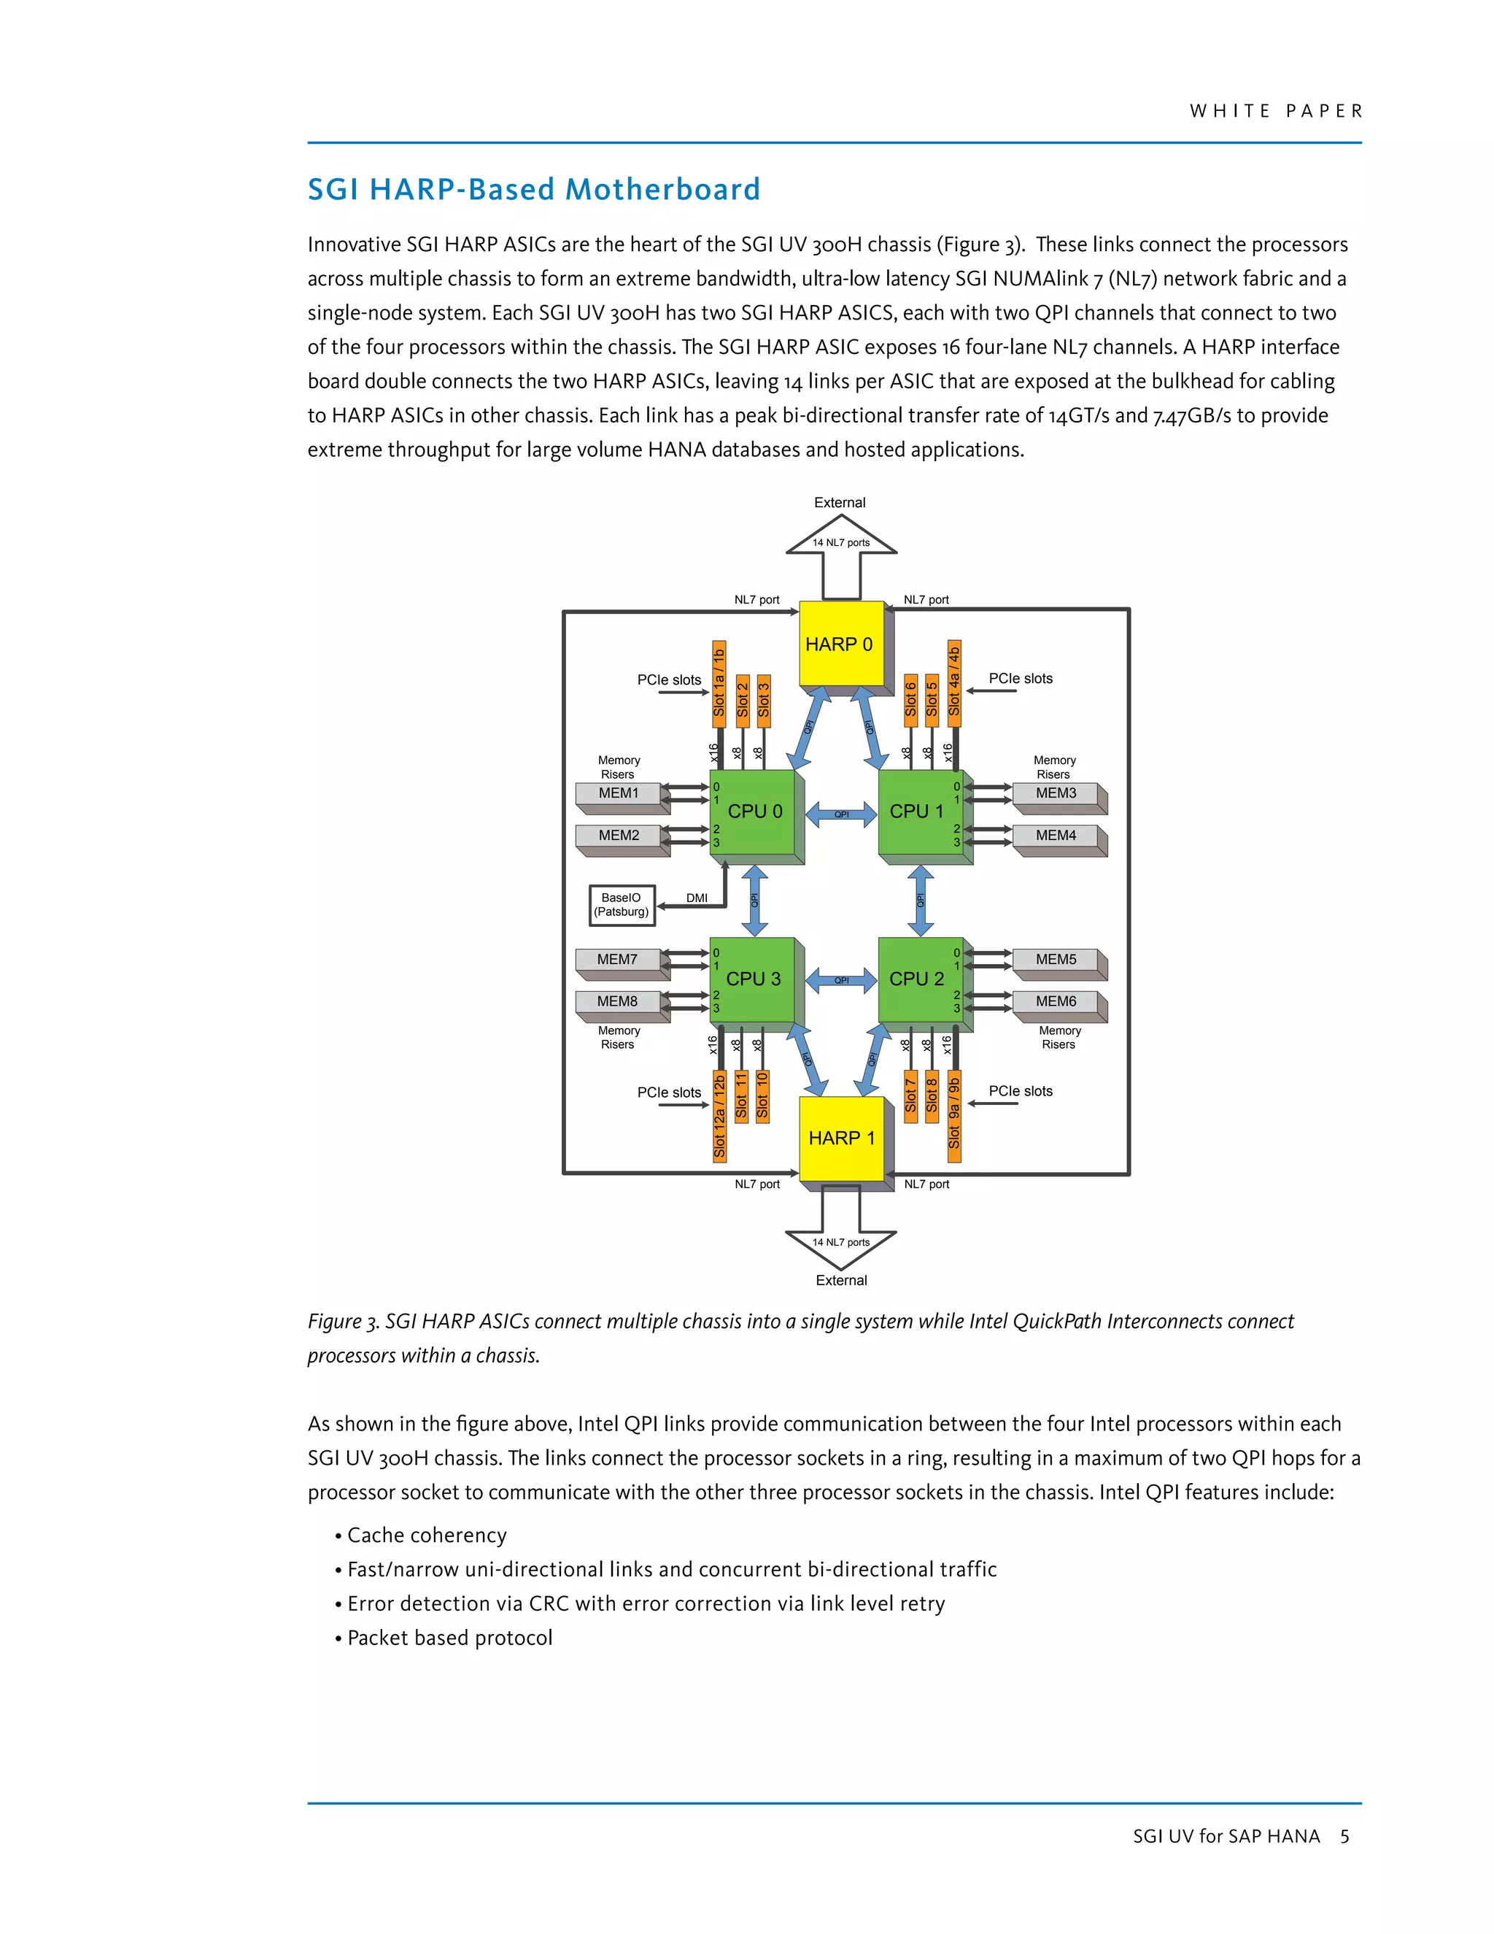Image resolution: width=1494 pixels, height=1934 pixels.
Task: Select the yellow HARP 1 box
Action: [x=841, y=1138]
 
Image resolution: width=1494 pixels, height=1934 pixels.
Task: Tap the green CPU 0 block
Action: [x=754, y=811]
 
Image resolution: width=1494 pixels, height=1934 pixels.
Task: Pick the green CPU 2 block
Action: [x=918, y=979]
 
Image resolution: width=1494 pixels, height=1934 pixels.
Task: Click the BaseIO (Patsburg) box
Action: [x=622, y=905]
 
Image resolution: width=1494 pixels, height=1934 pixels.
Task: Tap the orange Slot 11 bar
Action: [x=741, y=1095]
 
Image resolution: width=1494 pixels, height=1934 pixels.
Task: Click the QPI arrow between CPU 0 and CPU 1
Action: [x=842, y=814]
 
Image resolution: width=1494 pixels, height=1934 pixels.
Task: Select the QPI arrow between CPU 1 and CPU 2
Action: [x=921, y=900]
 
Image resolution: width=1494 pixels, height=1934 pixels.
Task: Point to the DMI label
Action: [x=697, y=898]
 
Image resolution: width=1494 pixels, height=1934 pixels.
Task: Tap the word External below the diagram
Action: [x=841, y=1281]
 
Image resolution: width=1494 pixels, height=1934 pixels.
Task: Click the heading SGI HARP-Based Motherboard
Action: [x=534, y=190]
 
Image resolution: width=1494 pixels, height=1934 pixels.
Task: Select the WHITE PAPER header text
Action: [x=1274, y=112]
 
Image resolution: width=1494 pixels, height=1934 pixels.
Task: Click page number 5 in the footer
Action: [x=1344, y=1837]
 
